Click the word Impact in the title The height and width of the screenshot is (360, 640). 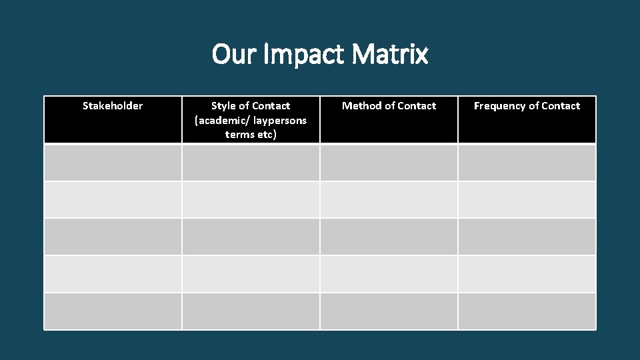coord(304,54)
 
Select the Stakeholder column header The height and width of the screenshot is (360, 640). coord(113,106)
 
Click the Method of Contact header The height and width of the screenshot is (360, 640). coord(389,106)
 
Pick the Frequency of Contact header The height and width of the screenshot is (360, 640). coord(527,106)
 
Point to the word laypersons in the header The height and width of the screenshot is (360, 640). coord(279,120)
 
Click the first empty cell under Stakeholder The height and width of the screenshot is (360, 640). coord(113,163)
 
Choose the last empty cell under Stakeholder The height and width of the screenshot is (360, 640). coord(113,311)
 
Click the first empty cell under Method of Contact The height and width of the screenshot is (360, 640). coord(389,163)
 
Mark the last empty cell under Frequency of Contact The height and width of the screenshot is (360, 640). coord(527,311)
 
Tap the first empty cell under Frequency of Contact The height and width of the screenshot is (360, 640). coord(527,163)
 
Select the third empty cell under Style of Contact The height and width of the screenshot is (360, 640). coord(251,237)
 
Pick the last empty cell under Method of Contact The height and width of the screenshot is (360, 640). coord(389,311)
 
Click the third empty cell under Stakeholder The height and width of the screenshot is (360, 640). coord(113,237)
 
